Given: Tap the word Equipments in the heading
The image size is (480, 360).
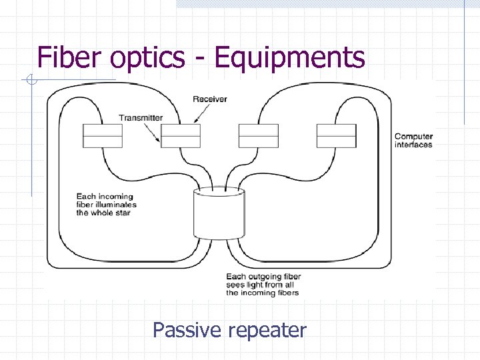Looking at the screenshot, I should (290, 58).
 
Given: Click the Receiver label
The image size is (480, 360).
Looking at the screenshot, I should (210, 99).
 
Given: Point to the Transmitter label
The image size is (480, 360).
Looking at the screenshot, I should (141, 118).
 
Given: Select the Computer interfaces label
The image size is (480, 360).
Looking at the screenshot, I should (413, 141).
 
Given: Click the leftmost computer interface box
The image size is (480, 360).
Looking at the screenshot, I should (103, 135).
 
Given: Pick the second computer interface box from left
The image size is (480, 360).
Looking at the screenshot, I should (181, 135).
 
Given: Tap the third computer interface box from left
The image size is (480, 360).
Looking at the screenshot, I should (259, 135).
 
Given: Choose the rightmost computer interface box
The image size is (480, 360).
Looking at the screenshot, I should (337, 135).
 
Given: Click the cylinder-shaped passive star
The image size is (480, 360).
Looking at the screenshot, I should (219, 213).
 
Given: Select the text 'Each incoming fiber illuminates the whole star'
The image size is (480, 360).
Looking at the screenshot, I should (107, 205).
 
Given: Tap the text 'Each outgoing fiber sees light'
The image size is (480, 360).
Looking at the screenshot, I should (263, 285).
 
